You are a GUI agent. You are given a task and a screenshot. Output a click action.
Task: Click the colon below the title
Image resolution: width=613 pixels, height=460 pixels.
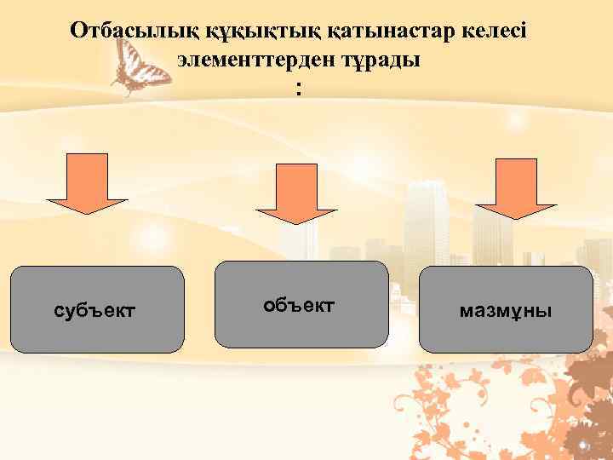tap(298, 90)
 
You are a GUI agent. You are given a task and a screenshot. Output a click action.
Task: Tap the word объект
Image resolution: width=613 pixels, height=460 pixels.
tap(299, 304)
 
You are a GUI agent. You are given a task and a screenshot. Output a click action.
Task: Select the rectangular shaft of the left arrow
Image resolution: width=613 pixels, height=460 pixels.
tap(87, 175)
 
